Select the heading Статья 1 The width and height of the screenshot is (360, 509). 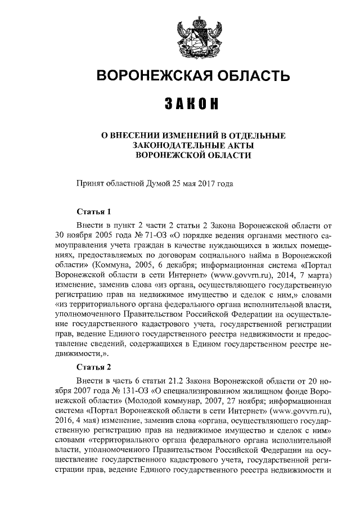[x=93, y=212]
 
